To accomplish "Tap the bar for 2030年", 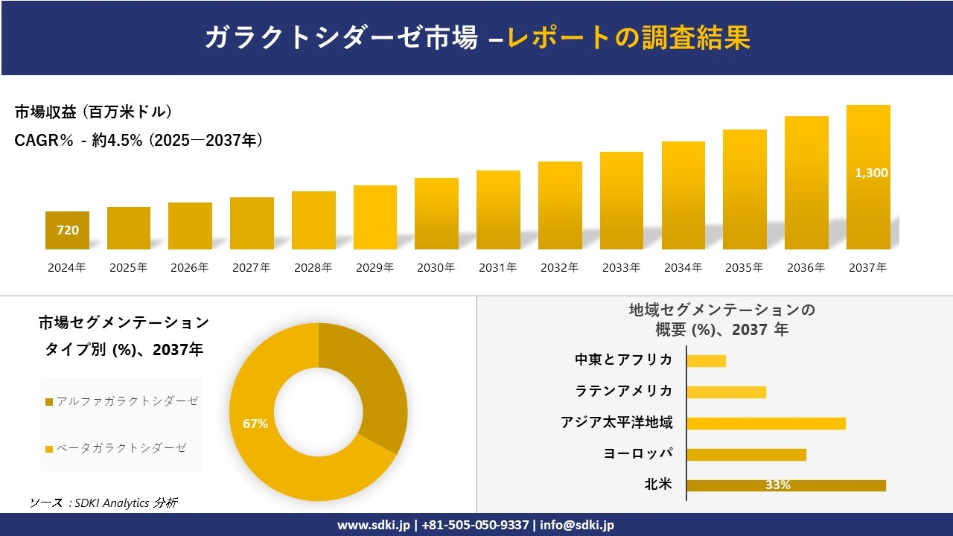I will [436, 214].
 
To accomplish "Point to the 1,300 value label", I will [870, 173].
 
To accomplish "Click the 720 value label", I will [68, 230].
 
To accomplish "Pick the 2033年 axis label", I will [621, 268].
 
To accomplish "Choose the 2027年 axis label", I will [251, 268].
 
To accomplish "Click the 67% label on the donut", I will [255, 424].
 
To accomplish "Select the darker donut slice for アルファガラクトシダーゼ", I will [372, 387].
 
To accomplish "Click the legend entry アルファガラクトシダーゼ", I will [123, 401].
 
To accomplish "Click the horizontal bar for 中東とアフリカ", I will [706, 360].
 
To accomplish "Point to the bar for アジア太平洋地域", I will [765, 423].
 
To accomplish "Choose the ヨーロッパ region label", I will [638, 454].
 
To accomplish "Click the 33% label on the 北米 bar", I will [777, 485].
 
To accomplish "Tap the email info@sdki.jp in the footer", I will [577, 525].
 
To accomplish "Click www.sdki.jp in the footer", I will [373, 525].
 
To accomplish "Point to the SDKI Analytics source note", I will [103, 502].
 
